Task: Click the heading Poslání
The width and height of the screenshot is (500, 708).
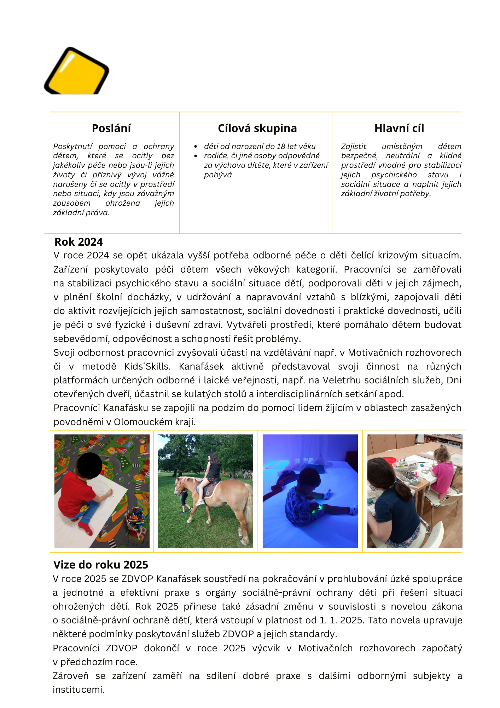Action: point(111,128)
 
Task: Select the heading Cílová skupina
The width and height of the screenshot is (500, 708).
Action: point(257,128)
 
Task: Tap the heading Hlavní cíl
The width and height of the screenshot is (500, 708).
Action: point(399,128)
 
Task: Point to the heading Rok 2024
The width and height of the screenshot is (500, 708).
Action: point(79,242)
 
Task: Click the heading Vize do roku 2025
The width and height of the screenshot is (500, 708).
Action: point(101,565)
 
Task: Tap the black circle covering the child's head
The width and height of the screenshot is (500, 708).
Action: point(89,465)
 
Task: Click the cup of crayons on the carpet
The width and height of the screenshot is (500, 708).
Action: point(135,518)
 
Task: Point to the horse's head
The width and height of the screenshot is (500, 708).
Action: point(180,488)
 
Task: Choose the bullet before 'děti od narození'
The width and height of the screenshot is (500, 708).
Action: point(196,147)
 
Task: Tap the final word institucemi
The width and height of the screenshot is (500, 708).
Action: point(79,690)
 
